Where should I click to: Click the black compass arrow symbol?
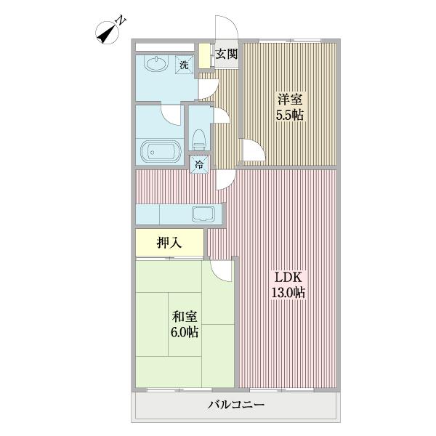107,33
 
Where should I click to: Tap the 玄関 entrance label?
227,54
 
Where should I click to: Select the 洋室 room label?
288,100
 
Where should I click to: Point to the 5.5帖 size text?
288,115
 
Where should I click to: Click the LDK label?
288,277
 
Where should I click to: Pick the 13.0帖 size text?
288,292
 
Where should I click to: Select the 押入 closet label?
169,243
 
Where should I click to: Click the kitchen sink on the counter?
202,214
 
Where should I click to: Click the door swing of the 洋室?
252,151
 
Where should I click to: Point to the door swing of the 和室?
222,270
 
